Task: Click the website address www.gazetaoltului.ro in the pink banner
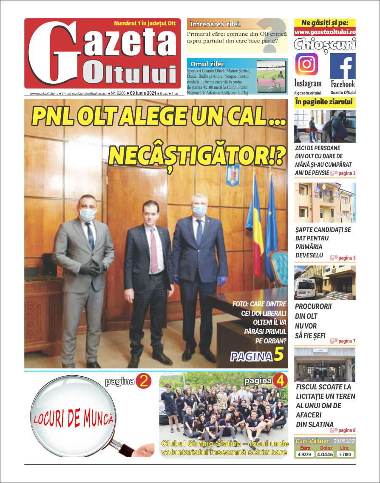pyautogui.click(x=325, y=32)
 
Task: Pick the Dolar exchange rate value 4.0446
pyautogui.click(x=326, y=454)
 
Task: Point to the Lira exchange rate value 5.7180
pyautogui.click(x=345, y=454)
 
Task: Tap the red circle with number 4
pyautogui.click(x=279, y=381)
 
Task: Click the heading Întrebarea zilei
pyautogui.click(x=216, y=24)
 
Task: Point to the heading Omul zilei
pyautogui.click(x=207, y=64)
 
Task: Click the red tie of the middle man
pyautogui.click(x=153, y=251)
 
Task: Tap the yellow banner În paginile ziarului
pyautogui.click(x=325, y=102)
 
